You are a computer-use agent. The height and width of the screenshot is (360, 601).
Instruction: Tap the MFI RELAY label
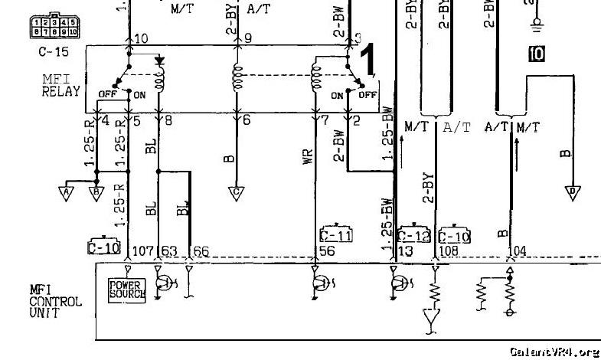(61, 85)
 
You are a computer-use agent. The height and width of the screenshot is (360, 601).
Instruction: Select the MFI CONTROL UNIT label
(55, 301)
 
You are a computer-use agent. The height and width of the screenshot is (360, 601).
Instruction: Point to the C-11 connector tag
(335, 235)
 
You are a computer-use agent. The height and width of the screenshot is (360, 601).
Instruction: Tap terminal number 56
(328, 250)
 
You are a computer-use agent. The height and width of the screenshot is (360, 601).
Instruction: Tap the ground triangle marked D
(571, 191)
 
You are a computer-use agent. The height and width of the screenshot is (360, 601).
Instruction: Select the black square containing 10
(535, 53)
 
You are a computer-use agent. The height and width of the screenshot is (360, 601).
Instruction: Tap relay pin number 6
(246, 120)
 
